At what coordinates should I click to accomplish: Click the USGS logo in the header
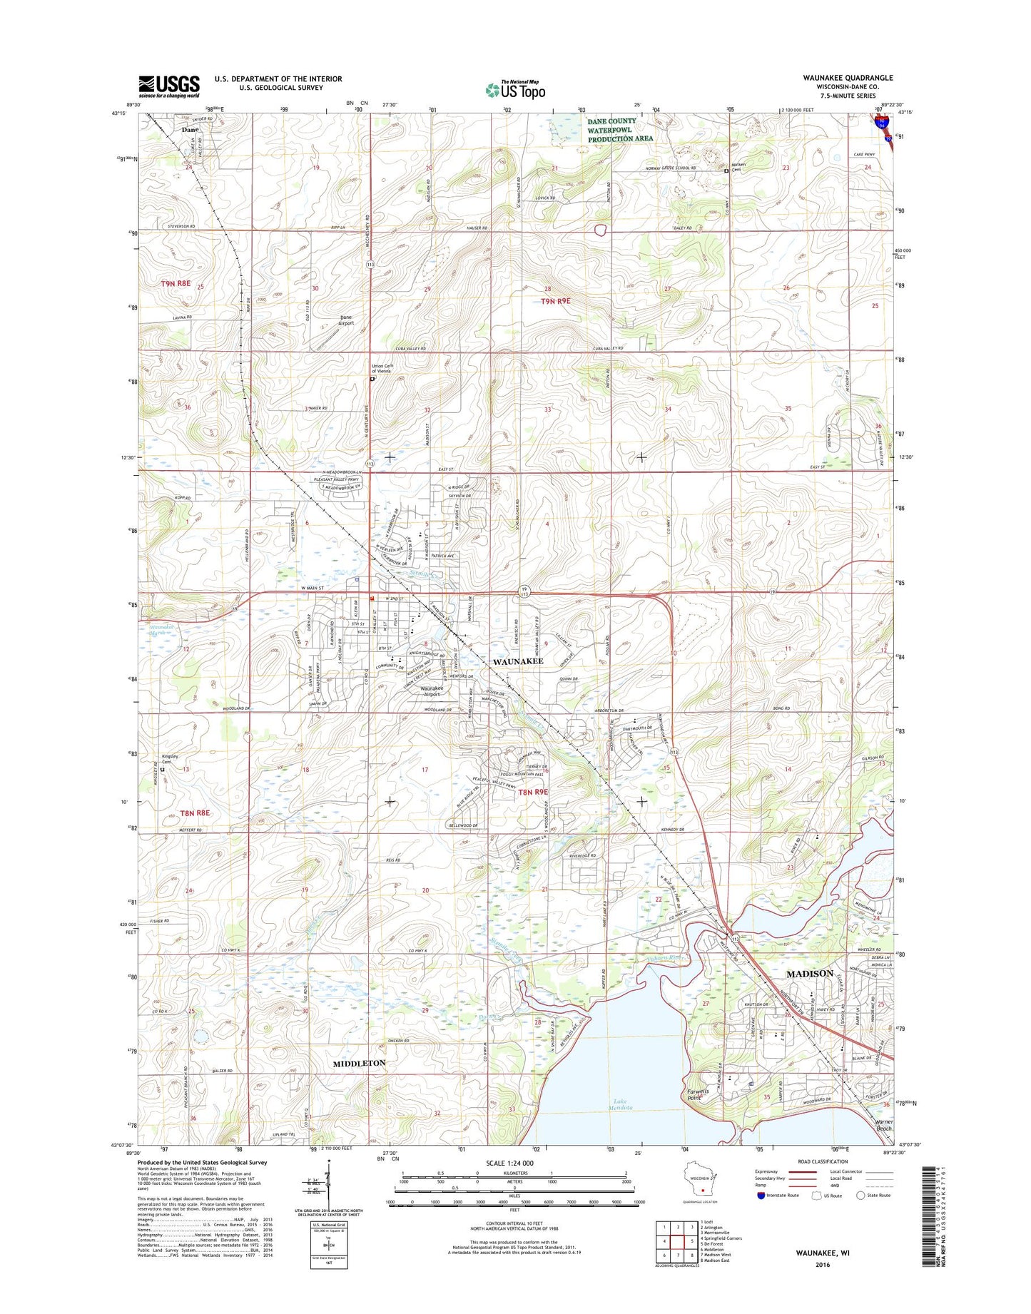coord(169,86)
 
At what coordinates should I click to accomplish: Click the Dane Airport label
coord(346,320)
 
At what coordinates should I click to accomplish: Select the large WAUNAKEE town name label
coord(518,661)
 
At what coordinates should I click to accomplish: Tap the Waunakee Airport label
coord(432,691)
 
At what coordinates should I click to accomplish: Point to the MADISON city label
coord(809,974)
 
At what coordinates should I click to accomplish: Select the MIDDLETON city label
coord(359,1063)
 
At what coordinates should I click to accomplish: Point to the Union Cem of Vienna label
coord(382,369)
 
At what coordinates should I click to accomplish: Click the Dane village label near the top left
coord(190,130)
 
